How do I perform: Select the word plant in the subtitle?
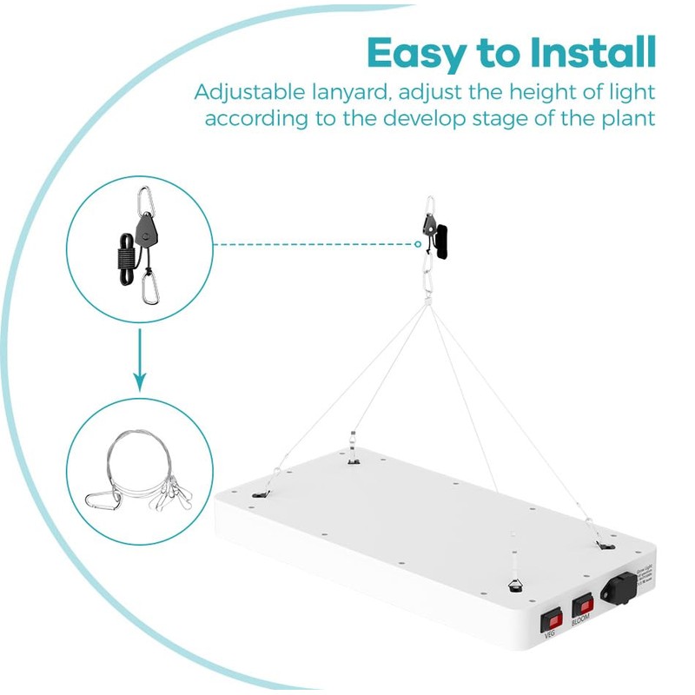[x=624, y=118]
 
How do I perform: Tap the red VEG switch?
[x=551, y=620]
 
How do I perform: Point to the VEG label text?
[x=550, y=637]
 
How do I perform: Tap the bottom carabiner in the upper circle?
[x=152, y=286]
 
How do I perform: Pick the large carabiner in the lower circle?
[x=104, y=500]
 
